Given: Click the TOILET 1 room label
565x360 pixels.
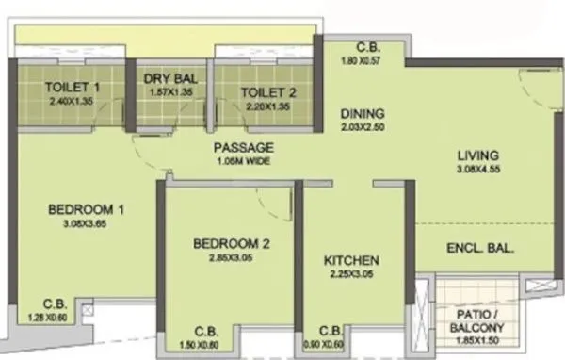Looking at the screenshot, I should [x=72, y=89].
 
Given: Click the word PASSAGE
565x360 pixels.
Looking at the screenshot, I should [x=243, y=148].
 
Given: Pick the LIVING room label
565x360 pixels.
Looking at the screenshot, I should [x=476, y=155].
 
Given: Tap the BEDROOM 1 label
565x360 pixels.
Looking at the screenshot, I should [x=87, y=209].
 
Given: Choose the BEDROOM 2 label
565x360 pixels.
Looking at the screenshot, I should [x=232, y=243].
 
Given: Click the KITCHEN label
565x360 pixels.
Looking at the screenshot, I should [x=351, y=260].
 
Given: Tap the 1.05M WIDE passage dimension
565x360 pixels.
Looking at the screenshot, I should [x=243, y=161].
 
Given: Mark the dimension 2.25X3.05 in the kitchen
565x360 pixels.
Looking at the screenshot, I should [x=351, y=274].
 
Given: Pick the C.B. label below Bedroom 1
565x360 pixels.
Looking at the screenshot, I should [x=54, y=305].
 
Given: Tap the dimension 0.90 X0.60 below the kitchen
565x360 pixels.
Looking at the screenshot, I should [x=330, y=344].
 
